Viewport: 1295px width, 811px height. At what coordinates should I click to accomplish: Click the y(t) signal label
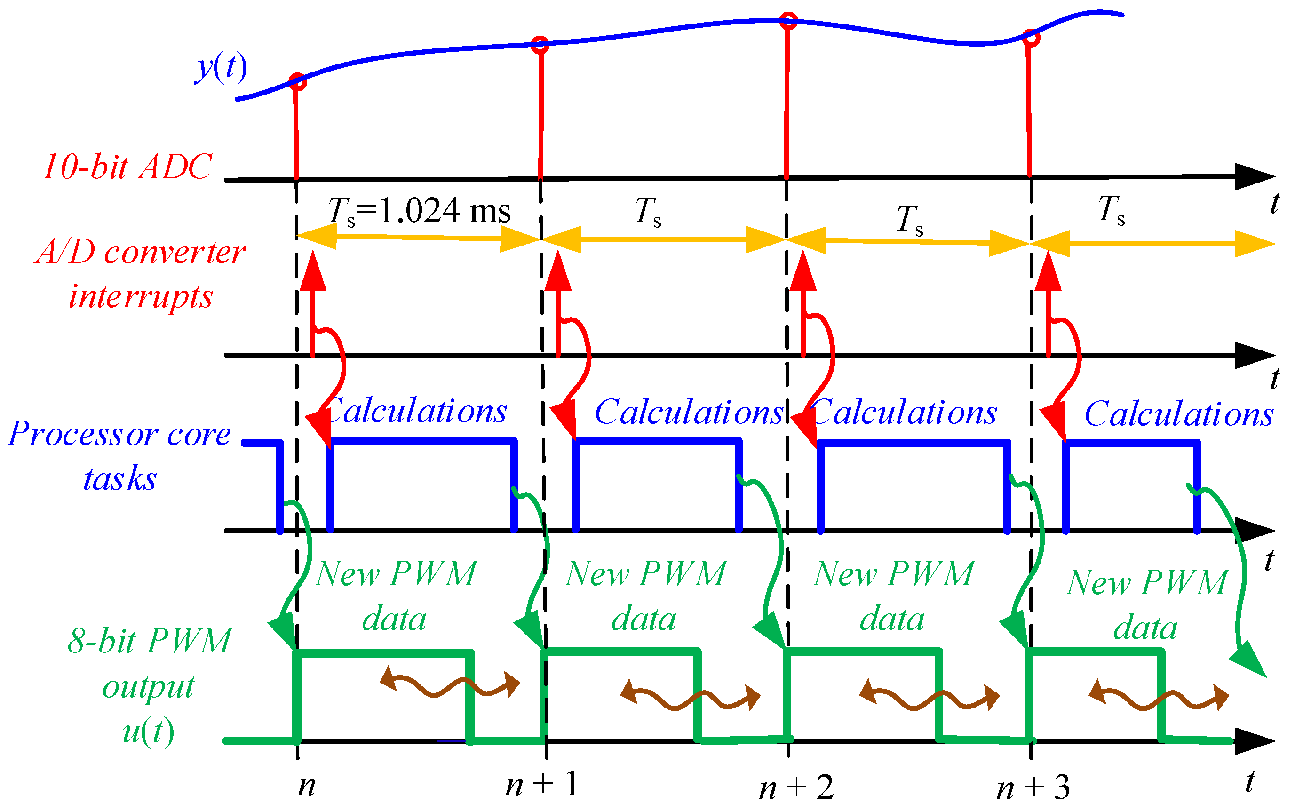point(221,68)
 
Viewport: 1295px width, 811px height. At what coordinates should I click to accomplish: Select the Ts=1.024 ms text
point(419,211)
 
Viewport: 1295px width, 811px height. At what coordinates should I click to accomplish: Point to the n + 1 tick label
point(541,785)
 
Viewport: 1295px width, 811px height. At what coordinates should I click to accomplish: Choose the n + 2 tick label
point(796,788)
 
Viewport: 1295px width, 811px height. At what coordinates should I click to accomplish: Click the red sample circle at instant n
point(298,82)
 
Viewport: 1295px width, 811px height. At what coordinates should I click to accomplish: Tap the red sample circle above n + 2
point(788,21)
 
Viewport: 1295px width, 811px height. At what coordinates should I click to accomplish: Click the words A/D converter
point(141,252)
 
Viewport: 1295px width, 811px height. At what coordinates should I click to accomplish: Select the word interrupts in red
point(141,297)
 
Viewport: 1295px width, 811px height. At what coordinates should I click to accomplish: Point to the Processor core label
point(119,433)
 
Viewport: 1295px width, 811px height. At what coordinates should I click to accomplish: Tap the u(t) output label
point(148,731)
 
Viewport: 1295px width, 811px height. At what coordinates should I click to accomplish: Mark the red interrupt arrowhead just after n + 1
point(558,271)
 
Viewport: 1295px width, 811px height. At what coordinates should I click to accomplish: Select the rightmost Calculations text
point(1178,414)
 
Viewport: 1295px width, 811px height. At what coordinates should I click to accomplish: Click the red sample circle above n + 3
point(1031,38)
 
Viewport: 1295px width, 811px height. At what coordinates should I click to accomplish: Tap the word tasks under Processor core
point(119,478)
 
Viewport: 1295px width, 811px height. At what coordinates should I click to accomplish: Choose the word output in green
point(148,687)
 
